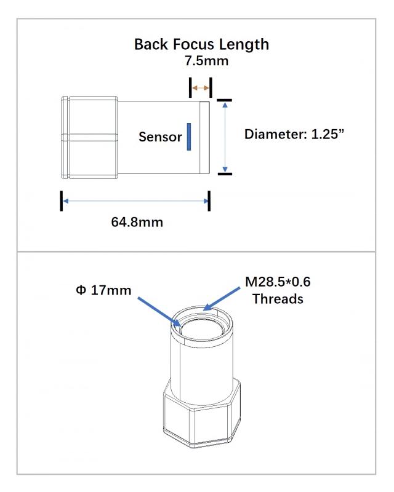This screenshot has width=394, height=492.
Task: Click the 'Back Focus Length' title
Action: pyautogui.click(x=201, y=44)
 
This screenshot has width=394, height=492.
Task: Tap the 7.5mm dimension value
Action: pyautogui.click(x=206, y=61)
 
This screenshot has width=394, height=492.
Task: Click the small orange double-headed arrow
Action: pyautogui.click(x=201, y=88)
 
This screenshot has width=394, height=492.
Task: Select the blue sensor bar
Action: pyautogui.click(x=189, y=137)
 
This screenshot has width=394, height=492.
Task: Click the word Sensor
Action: pyautogui.click(x=160, y=137)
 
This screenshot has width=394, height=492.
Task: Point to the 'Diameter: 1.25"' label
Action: pyautogui.click(x=294, y=134)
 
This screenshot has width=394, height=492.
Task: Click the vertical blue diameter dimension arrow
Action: pyautogui.click(x=225, y=137)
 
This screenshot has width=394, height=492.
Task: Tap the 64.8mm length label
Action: pyautogui.click(x=137, y=222)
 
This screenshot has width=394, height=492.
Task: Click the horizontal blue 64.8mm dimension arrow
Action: pyautogui.click(x=135, y=201)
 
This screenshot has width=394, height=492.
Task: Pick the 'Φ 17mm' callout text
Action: pyautogui.click(x=103, y=290)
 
